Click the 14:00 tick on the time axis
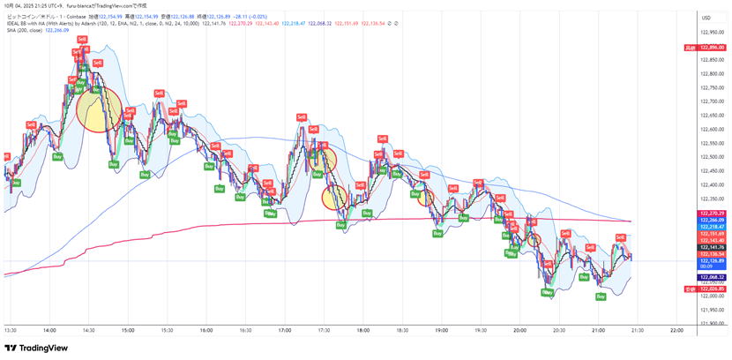tap(49, 330)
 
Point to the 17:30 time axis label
tap(323, 330)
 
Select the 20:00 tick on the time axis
tap(519, 330)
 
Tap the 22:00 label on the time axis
tap(676, 330)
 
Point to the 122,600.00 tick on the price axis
tap(712, 129)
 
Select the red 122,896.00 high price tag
tap(712, 48)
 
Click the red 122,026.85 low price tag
tap(712, 289)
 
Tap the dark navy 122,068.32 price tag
tap(712, 277)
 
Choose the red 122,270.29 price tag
tap(712, 214)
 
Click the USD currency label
tap(706, 18)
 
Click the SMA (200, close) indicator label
tap(24, 29)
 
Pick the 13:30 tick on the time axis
tap(11, 330)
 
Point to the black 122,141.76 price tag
tap(712, 247)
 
